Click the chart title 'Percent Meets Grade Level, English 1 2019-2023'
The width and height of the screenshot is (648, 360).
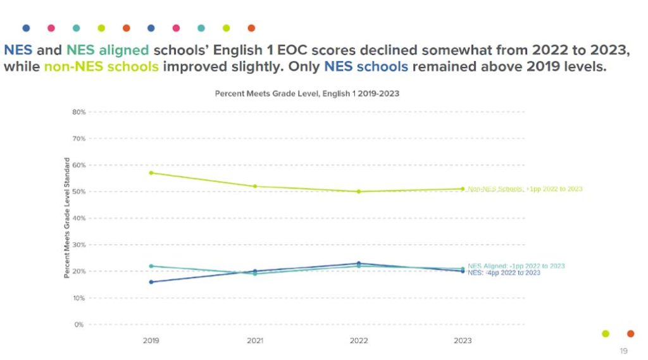tap(306, 94)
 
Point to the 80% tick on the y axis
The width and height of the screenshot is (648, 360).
tap(78, 112)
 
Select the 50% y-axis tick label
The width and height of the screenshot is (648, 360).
tap(78, 192)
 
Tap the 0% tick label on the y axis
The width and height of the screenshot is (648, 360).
tap(80, 325)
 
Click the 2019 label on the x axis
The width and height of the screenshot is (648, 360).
tap(151, 341)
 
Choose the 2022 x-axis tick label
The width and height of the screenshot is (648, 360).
tap(359, 341)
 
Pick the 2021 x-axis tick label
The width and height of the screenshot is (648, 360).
tap(255, 341)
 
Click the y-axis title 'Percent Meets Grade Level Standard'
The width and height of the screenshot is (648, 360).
tap(66, 218)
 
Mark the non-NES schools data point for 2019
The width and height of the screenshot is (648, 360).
tap(151, 173)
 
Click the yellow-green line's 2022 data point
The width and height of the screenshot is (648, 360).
tap(359, 191)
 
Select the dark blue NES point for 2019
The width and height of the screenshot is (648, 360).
tap(151, 282)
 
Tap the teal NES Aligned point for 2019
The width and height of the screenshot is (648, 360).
tap(151, 266)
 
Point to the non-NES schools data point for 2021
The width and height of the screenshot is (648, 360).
tap(255, 186)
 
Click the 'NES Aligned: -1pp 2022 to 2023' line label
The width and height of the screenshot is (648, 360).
tap(516, 266)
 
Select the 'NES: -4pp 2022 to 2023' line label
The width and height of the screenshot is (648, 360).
tap(504, 273)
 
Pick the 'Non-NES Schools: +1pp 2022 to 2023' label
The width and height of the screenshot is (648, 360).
tap(525, 189)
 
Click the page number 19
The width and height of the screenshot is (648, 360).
tap(623, 351)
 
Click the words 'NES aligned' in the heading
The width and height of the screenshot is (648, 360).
tap(108, 50)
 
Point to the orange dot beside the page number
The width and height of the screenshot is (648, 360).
tap(630, 333)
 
